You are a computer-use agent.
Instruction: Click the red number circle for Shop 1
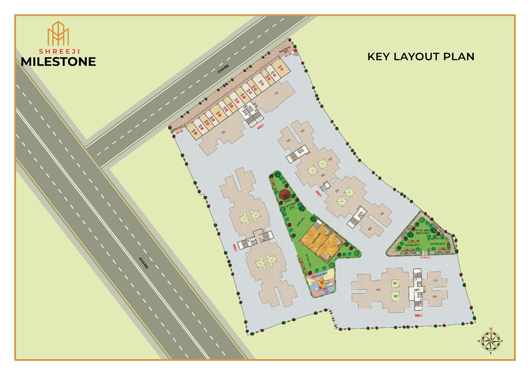196,133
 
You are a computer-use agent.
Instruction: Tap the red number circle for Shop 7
232,106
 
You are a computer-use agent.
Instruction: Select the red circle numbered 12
262,84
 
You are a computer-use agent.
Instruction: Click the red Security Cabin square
295,51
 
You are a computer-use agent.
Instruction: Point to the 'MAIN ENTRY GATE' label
285,50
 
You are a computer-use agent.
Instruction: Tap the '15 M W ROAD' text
223,69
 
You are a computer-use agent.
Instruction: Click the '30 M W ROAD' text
144,263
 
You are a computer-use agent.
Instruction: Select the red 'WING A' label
260,127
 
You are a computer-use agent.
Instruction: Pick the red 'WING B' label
318,193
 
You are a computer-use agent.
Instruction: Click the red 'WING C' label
418,316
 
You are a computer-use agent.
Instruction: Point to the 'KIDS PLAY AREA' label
319,275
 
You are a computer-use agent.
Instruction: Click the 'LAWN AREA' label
300,222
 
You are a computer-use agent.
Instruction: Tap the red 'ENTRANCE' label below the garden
425,257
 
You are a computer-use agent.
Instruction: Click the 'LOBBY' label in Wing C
417,290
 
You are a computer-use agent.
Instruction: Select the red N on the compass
491,329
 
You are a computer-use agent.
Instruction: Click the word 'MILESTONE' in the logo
58,62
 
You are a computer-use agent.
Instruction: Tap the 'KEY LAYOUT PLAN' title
421,57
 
